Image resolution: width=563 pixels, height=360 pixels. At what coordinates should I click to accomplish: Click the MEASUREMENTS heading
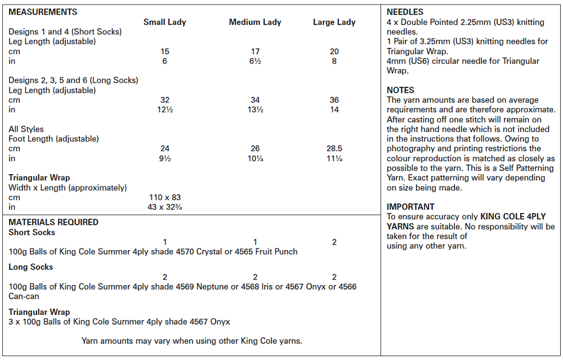click(43, 12)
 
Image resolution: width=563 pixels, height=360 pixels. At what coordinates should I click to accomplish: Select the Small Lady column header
click(164, 22)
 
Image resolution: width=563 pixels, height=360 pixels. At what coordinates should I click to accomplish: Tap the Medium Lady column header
click(255, 22)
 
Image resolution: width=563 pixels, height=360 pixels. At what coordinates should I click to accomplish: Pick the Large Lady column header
click(334, 22)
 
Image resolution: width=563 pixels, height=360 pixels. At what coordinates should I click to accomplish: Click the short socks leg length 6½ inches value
click(255, 61)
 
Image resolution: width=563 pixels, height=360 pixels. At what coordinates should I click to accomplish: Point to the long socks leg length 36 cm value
click(334, 100)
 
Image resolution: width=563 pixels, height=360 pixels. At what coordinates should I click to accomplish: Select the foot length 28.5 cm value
click(334, 149)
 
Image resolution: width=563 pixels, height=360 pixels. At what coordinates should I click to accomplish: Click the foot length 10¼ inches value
click(255, 158)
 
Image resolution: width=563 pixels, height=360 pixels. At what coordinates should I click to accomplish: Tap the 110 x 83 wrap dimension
click(164, 197)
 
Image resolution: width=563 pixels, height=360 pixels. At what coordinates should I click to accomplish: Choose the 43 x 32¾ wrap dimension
click(164, 207)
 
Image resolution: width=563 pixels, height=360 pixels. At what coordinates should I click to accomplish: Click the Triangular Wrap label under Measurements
click(39, 178)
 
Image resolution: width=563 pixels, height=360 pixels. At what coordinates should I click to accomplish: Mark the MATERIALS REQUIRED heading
click(53, 222)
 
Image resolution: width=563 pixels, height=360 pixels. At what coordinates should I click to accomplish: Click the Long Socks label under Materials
click(30, 267)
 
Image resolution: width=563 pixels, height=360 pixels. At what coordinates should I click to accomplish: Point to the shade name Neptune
click(213, 287)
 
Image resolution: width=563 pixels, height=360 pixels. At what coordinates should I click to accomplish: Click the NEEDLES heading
click(405, 12)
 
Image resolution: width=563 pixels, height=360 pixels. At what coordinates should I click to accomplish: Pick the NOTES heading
click(400, 90)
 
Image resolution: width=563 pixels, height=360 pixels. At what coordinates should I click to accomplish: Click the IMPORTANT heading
click(410, 207)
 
